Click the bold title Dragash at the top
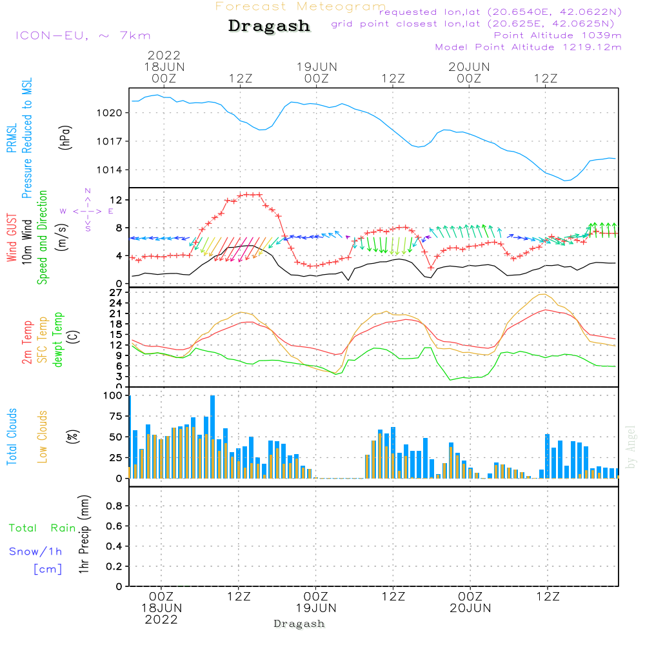(x=269, y=26)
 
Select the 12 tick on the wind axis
(x=116, y=201)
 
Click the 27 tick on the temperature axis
(x=116, y=292)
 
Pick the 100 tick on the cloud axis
(x=114, y=395)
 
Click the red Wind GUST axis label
(x=12, y=239)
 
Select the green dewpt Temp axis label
(x=58, y=340)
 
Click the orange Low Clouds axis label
(x=43, y=436)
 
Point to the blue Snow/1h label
(x=35, y=551)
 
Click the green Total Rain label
(x=43, y=528)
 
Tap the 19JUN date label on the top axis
(x=317, y=66)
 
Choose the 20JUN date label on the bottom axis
(x=470, y=608)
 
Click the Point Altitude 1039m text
(x=557, y=35)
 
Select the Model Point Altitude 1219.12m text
(x=528, y=47)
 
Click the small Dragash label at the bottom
(x=299, y=624)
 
